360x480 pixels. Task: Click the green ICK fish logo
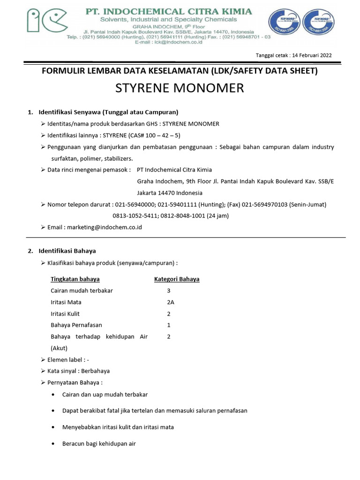point(47,21)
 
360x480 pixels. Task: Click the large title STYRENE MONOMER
point(180,88)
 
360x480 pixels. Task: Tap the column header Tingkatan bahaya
point(75,279)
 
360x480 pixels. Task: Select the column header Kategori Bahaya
point(177,279)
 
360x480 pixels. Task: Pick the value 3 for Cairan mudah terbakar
point(168,291)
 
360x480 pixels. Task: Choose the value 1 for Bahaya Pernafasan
point(168,325)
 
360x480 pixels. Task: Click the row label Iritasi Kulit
point(66,314)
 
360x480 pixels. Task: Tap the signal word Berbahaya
point(95,371)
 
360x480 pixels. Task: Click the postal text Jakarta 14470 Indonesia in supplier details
point(170,193)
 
